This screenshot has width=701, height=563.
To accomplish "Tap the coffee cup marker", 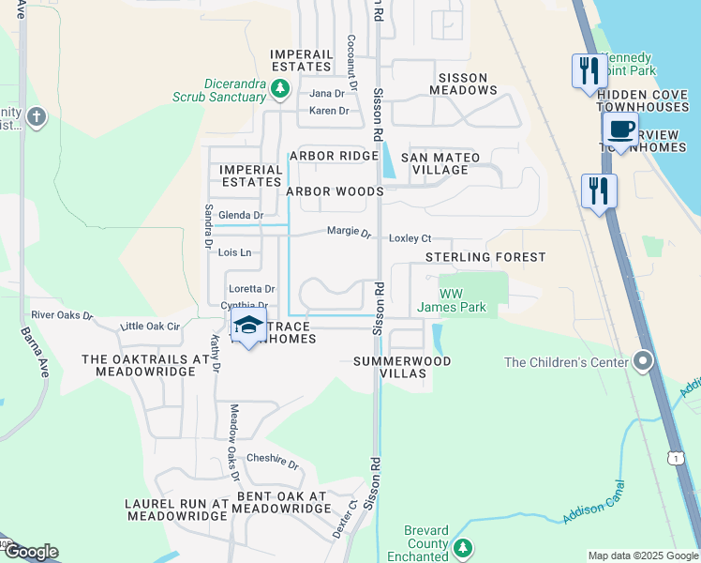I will pos(620,130).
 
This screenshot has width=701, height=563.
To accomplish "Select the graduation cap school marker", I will pos(247,327).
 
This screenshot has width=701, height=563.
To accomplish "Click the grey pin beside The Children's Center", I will pos(642,361).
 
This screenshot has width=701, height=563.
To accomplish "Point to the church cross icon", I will pos(36,117).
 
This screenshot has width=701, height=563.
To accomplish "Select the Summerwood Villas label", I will pos(401,367).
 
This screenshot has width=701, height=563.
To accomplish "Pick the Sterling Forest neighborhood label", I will pos(485,257).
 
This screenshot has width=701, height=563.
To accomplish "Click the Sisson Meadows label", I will pos(463,84).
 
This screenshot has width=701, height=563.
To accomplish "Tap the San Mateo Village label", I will pos(440,163).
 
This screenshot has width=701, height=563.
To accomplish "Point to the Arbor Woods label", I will pos(335,191).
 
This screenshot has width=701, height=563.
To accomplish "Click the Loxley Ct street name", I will pos(410,238).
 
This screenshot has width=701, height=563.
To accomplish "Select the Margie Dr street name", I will pos(349,232).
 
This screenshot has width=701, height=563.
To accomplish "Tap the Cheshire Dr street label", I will pos(272,464).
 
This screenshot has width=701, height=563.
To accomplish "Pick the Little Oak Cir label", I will pos(151,327).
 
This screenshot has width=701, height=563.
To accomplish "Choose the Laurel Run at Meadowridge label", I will pos(176,510).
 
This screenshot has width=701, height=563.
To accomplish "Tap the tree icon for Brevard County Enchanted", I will pos(461,547).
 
